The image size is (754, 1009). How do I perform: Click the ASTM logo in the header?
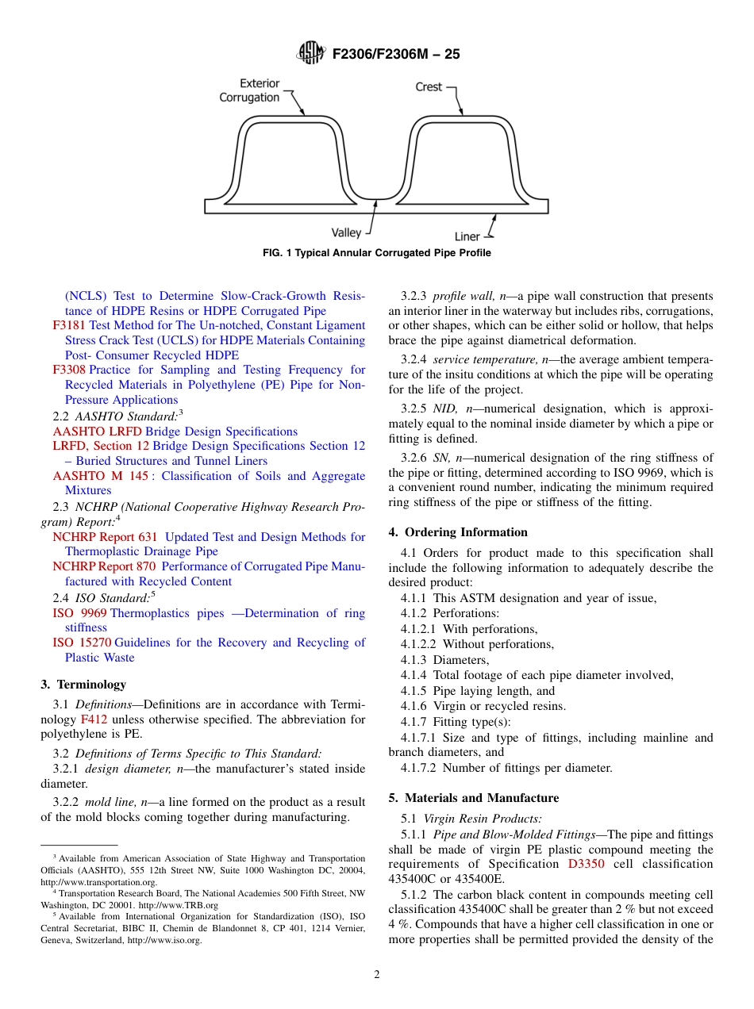point(310,53)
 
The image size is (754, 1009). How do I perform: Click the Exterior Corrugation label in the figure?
point(250,90)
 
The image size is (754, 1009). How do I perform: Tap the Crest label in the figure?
point(429,86)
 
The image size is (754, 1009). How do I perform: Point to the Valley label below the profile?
point(346,232)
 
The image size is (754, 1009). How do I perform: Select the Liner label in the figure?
point(467,236)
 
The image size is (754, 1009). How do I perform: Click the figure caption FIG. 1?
point(376,253)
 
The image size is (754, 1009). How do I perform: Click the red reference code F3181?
point(69,325)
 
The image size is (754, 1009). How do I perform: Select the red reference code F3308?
point(69,370)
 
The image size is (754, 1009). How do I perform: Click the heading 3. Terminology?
point(83,685)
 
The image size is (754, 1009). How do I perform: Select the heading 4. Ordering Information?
point(458,532)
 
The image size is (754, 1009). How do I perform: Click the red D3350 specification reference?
point(586,864)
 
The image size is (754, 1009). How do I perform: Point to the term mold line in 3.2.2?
point(110,803)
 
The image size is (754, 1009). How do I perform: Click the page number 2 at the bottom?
point(377,975)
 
